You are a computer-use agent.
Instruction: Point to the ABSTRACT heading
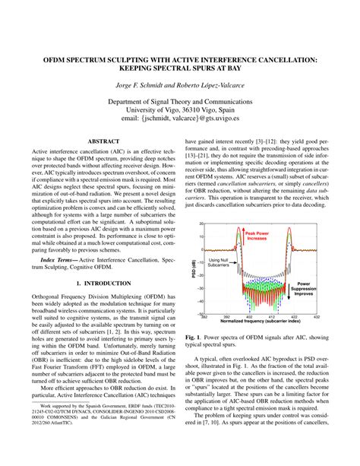(100, 141)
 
